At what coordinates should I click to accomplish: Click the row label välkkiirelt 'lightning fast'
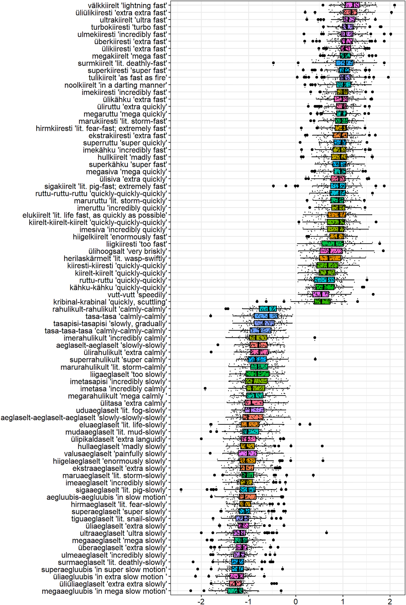pyautogui.click(x=127, y=5)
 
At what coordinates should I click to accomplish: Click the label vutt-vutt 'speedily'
pyautogui.click(x=137, y=295)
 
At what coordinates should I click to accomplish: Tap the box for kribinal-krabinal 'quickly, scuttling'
pyautogui.click(x=322, y=302)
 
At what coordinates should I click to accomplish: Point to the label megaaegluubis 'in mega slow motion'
pyautogui.click(x=104, y=591)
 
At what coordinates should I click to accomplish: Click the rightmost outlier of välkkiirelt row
pyautogui.click(x=394, y=5)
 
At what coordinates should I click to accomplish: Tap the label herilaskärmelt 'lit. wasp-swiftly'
pyautogui.click(x=115, y=258)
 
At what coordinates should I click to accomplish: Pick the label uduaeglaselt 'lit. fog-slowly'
pyautogui.click(x=121, y=410)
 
